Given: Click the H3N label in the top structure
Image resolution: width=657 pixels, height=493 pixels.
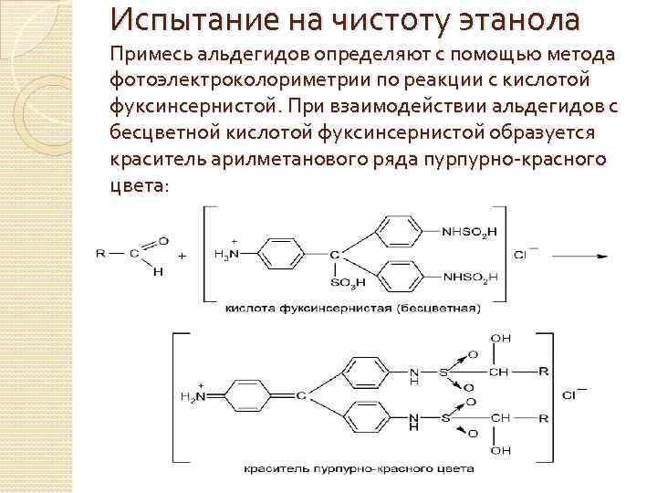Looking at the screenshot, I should (224, 257).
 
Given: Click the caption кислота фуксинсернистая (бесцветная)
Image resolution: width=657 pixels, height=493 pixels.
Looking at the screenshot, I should (350, 308).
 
